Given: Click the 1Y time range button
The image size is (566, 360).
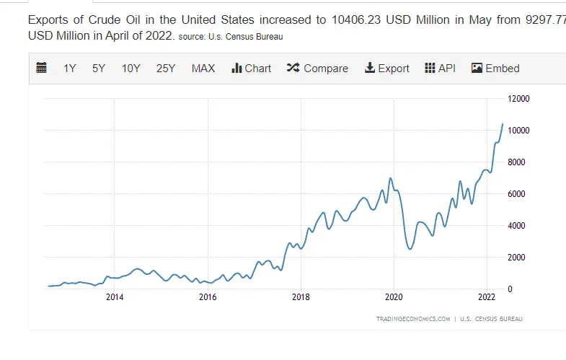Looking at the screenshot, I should [x=69, y=69].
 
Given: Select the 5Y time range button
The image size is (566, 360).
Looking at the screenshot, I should [x=99, y=69].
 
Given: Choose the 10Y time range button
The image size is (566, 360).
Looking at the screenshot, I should [x=131, y=69].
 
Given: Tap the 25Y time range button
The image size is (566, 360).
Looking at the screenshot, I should [x=166, y=69].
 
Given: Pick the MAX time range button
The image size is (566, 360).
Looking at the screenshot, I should [x=203, y=69].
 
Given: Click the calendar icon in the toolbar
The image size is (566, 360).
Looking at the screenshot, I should [x=42, y=69].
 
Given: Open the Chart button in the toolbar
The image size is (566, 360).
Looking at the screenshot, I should [x=251, y=69].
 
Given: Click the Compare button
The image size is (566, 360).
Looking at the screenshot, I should [x=317, y=69].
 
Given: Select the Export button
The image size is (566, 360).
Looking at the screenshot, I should [x=387, y=69].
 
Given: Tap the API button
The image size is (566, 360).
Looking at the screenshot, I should [x=440, y=69].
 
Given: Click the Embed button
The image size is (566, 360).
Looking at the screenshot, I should [x=495, y=69].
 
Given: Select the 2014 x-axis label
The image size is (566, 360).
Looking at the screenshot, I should [x=115, y=297].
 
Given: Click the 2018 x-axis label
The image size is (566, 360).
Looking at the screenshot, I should [x=301, y=297].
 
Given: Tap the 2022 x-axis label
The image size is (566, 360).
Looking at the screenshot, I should [x=487, y=297].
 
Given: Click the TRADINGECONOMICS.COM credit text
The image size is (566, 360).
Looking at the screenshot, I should [x=413, y=318].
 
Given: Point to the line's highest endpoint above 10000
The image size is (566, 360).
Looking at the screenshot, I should [x=502, y=124].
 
